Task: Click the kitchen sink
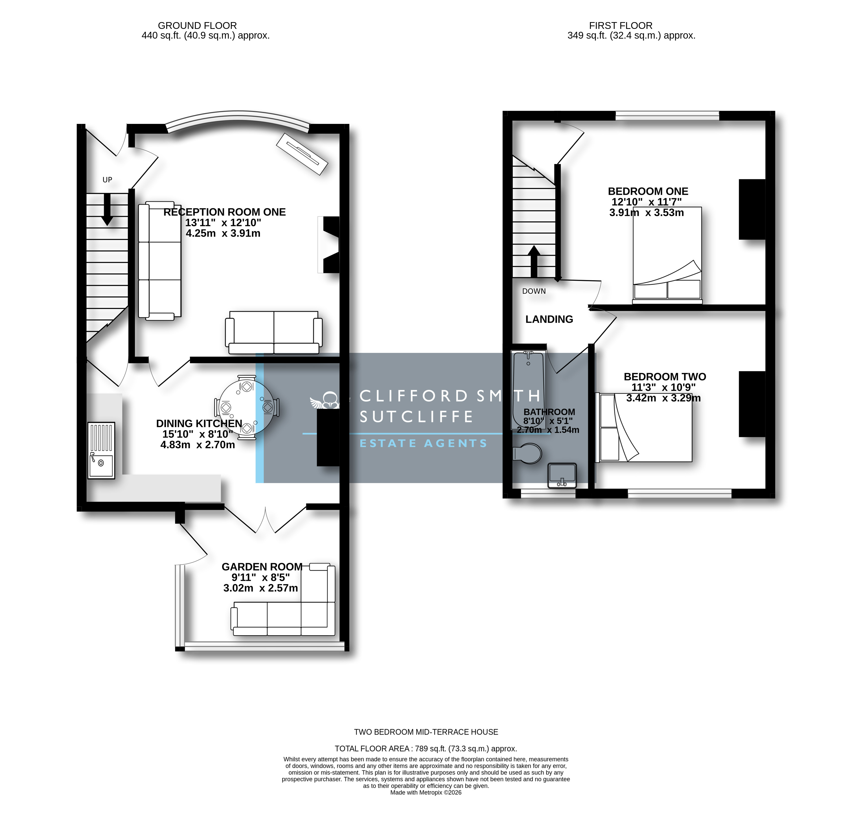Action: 101,450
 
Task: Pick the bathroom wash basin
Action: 562,476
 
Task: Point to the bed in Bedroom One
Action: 667,255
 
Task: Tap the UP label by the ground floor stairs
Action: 107,179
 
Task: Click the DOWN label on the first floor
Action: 534,291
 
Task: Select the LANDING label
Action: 549,319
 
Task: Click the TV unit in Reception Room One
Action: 302,154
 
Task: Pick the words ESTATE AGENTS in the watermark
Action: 423,444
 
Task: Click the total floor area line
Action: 426,749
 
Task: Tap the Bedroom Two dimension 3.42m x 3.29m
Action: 663,398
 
